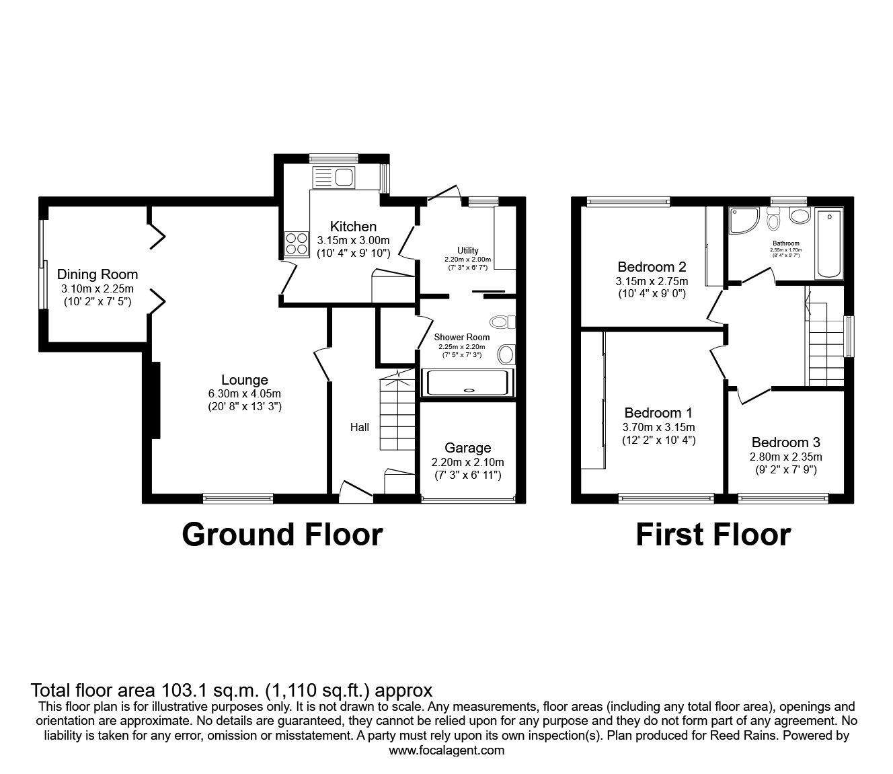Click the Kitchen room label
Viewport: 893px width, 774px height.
tap(353, 227)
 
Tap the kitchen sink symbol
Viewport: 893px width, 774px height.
tap(334, 178)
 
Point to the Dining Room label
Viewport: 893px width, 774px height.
tap(98, 274)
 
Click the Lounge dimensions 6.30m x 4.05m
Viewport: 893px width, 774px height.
tap(245, 393)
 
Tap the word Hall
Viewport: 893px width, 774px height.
tap(360, 427)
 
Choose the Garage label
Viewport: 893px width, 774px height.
tap(468, 448)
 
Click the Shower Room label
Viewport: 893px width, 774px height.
tap(462, 337)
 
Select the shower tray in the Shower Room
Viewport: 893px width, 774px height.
tap(467, 382)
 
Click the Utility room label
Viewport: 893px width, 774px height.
tap(468, 251)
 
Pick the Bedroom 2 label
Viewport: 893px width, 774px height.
tap(652, 267)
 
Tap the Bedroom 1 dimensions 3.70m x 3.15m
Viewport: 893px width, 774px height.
tap(658, 427)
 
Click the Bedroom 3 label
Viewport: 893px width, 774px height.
tap(785, 442)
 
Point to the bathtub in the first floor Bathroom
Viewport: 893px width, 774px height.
tap(828, 243)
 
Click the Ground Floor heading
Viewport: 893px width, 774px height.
tap(282, 535)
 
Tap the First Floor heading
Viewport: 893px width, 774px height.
tap(713, 535)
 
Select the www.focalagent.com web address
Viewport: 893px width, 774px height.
tap(446, 750)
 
